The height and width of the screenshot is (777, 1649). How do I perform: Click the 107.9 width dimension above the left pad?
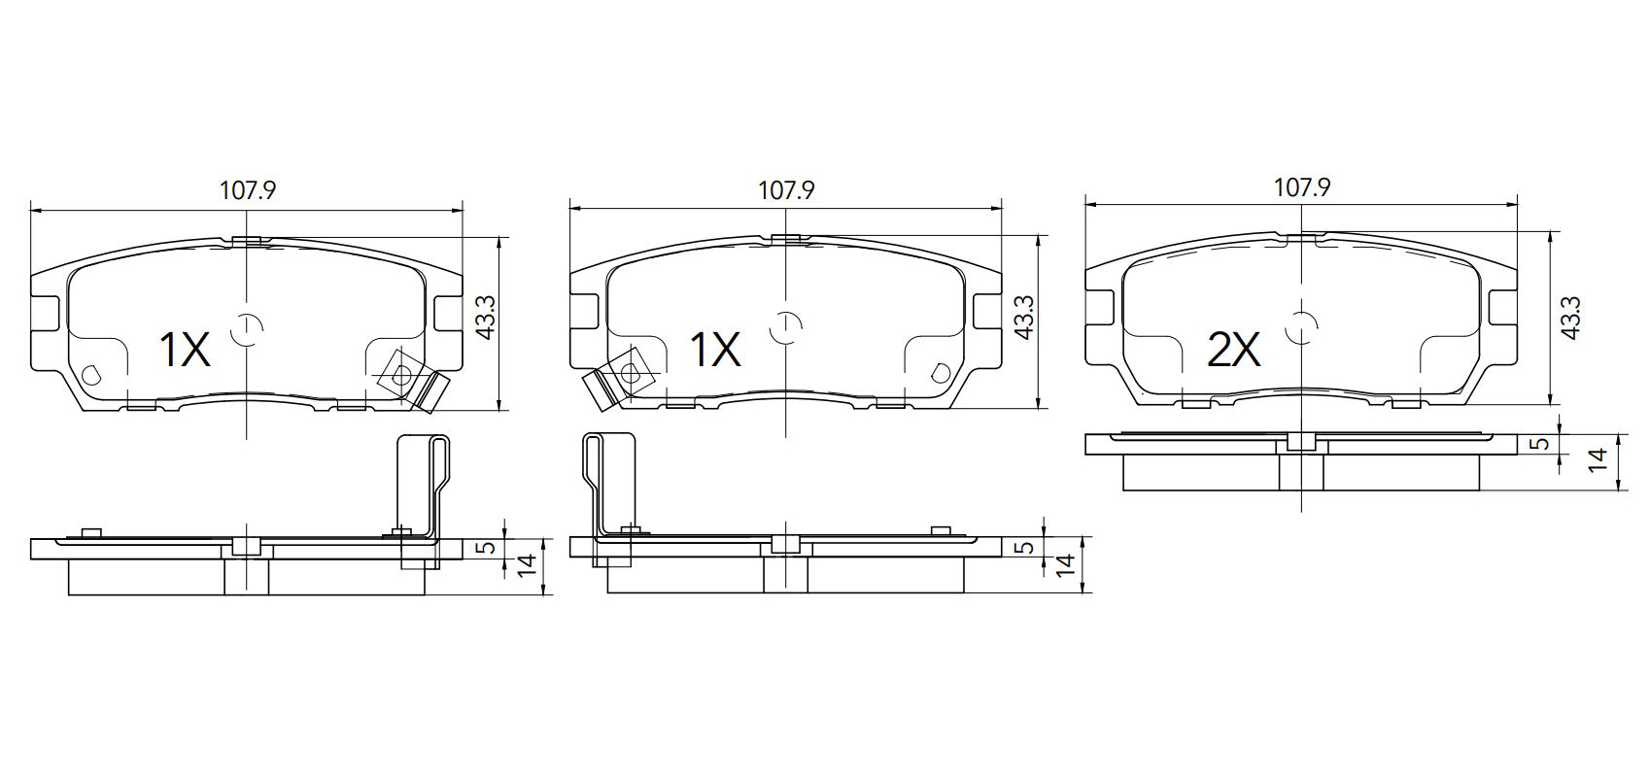click(x=248, y=190)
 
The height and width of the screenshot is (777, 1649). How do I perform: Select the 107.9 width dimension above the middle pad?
click(x=786, y=190)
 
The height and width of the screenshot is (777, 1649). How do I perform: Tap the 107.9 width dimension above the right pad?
click(x=1302, y=187)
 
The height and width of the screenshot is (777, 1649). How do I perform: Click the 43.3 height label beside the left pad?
click(x=486, y=318)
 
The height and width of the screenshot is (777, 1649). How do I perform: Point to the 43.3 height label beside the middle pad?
click(x=1024, y=318)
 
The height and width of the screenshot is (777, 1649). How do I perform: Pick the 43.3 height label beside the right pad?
click(x=1570, y=318)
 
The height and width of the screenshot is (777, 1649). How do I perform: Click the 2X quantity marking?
click(x=1234, y=351)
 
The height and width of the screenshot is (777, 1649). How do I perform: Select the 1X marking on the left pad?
click(x=185, y=351)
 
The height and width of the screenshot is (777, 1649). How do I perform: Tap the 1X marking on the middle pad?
click(x=715, y=351)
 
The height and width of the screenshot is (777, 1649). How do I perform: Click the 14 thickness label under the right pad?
click(x=1597, y=461)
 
